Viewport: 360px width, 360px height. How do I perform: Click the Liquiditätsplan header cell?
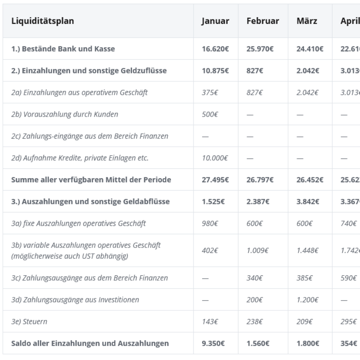click(43, 21)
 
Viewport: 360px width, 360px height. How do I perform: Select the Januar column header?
click(215, 21)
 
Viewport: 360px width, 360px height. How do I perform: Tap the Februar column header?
click(263, 21)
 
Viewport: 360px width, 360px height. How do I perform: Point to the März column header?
click(307, 21)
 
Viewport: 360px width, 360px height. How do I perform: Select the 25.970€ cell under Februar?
click(260, 49)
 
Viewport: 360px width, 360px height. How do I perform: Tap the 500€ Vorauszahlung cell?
click(210, 114)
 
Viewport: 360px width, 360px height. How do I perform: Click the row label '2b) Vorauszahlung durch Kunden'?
click(65, 114)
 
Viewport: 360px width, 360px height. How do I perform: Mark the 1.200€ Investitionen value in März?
click(308, 300)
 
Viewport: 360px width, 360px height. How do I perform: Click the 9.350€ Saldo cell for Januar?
click(214, 343)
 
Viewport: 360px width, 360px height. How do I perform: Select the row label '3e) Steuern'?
click(29, 322)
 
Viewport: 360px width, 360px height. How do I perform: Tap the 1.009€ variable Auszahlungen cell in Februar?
click(258, 250)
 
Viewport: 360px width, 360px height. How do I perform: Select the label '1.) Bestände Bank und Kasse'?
click(63, 49)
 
